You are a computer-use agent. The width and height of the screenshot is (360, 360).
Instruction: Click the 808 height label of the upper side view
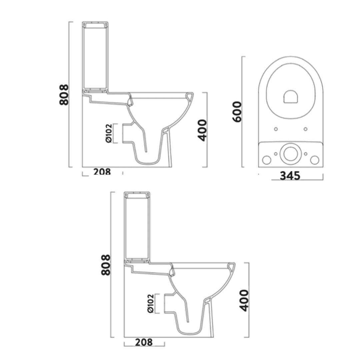point(64,95)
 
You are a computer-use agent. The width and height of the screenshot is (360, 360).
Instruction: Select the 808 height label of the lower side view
point(106,265)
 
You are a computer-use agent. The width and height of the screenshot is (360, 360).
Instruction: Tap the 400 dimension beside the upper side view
point(202,130)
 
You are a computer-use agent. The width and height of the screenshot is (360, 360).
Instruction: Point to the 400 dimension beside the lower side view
point(244,300)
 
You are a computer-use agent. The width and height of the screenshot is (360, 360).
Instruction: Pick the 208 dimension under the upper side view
point(102,172)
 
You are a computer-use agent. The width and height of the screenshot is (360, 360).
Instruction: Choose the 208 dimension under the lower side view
point(144,342)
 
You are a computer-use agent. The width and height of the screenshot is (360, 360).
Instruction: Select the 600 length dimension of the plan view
point(236,112)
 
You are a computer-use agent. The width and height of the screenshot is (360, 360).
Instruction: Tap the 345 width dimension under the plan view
point(290,176)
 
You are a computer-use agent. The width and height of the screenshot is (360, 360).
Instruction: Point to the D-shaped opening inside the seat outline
point(290,97)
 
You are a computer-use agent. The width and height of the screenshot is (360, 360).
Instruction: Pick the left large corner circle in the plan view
point(266,160)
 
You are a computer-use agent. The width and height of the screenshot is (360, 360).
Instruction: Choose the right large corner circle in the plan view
point(314,160)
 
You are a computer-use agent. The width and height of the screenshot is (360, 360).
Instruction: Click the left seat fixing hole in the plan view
point(275,129)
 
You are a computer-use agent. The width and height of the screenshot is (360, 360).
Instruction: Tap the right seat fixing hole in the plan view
point(305,129)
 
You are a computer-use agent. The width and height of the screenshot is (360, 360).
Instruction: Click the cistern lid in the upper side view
point(95,25)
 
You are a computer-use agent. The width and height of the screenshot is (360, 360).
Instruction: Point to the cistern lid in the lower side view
point(137,195)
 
